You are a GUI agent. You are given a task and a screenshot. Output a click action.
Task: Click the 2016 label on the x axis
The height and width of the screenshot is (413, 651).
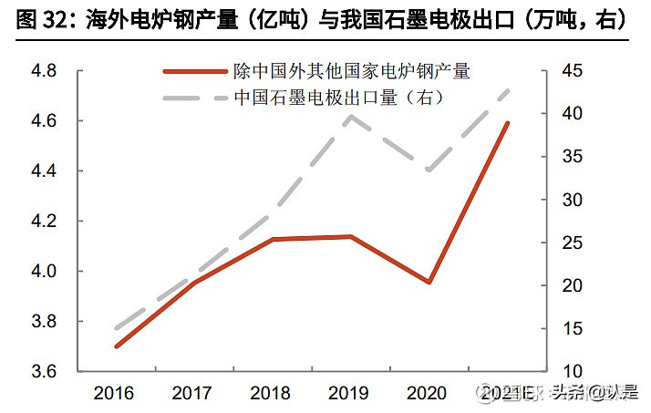[x=114, y=394]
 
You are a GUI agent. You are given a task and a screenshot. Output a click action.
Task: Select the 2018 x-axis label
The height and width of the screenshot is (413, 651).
[x=272, y=394]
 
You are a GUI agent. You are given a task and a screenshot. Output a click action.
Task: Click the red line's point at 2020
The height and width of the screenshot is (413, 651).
[x=429, y=283]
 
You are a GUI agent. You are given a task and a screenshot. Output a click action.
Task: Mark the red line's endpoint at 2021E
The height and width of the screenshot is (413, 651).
[x=508, y=122]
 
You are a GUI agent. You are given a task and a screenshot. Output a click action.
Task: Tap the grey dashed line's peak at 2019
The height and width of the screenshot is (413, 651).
[x=350, y=116]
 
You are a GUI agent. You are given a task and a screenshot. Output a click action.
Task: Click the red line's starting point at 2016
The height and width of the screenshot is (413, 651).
[x=117, y=346]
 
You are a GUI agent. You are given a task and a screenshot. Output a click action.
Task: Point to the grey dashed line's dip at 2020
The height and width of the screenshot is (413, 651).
[x=429, y=170]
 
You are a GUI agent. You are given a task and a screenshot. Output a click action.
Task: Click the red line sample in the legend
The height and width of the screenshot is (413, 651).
[x=192, y=70]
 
